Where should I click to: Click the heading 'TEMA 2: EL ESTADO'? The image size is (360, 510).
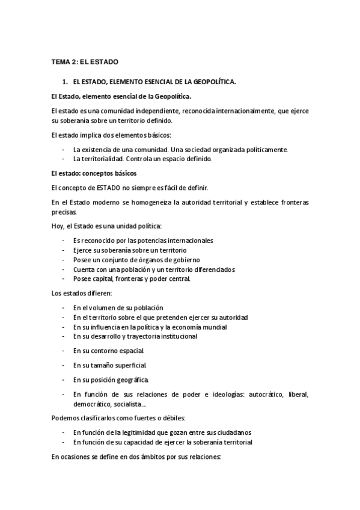(85, 62)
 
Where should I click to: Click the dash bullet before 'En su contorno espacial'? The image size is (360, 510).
(64, 350)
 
